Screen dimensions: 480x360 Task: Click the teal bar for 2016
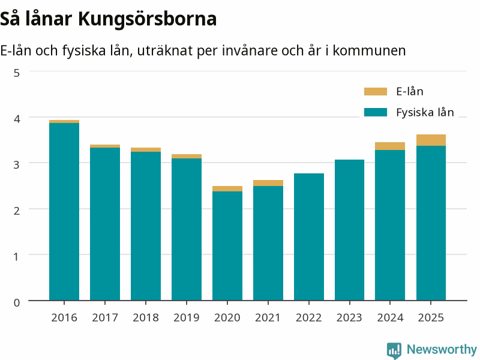(64, 212)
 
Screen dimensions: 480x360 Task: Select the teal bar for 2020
(227, 246)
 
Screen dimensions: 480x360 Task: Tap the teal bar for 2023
(350, 230)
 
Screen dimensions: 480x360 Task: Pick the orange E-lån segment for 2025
(431, 140)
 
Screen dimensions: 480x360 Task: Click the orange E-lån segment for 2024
(390, 146)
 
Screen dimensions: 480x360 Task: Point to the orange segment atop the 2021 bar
(268, 183)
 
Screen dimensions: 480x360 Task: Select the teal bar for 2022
(309, 237)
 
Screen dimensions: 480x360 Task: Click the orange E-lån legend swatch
(376, 92)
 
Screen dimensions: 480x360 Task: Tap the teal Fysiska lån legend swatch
(376, 112)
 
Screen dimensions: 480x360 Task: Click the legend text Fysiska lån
(425, 112)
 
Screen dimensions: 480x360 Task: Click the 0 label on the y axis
(17, 302)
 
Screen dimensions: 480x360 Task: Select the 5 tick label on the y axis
(17, 73)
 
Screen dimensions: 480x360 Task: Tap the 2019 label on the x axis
(187, 317)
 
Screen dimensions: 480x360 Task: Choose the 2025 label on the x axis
(431, 317)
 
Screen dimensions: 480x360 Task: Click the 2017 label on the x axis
(105, 317)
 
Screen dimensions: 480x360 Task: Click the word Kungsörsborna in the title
(147, 19)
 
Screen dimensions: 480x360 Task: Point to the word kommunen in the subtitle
(369, 50)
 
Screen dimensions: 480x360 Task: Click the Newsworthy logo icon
(394, 350)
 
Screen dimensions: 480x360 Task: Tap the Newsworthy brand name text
(442, 349)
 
